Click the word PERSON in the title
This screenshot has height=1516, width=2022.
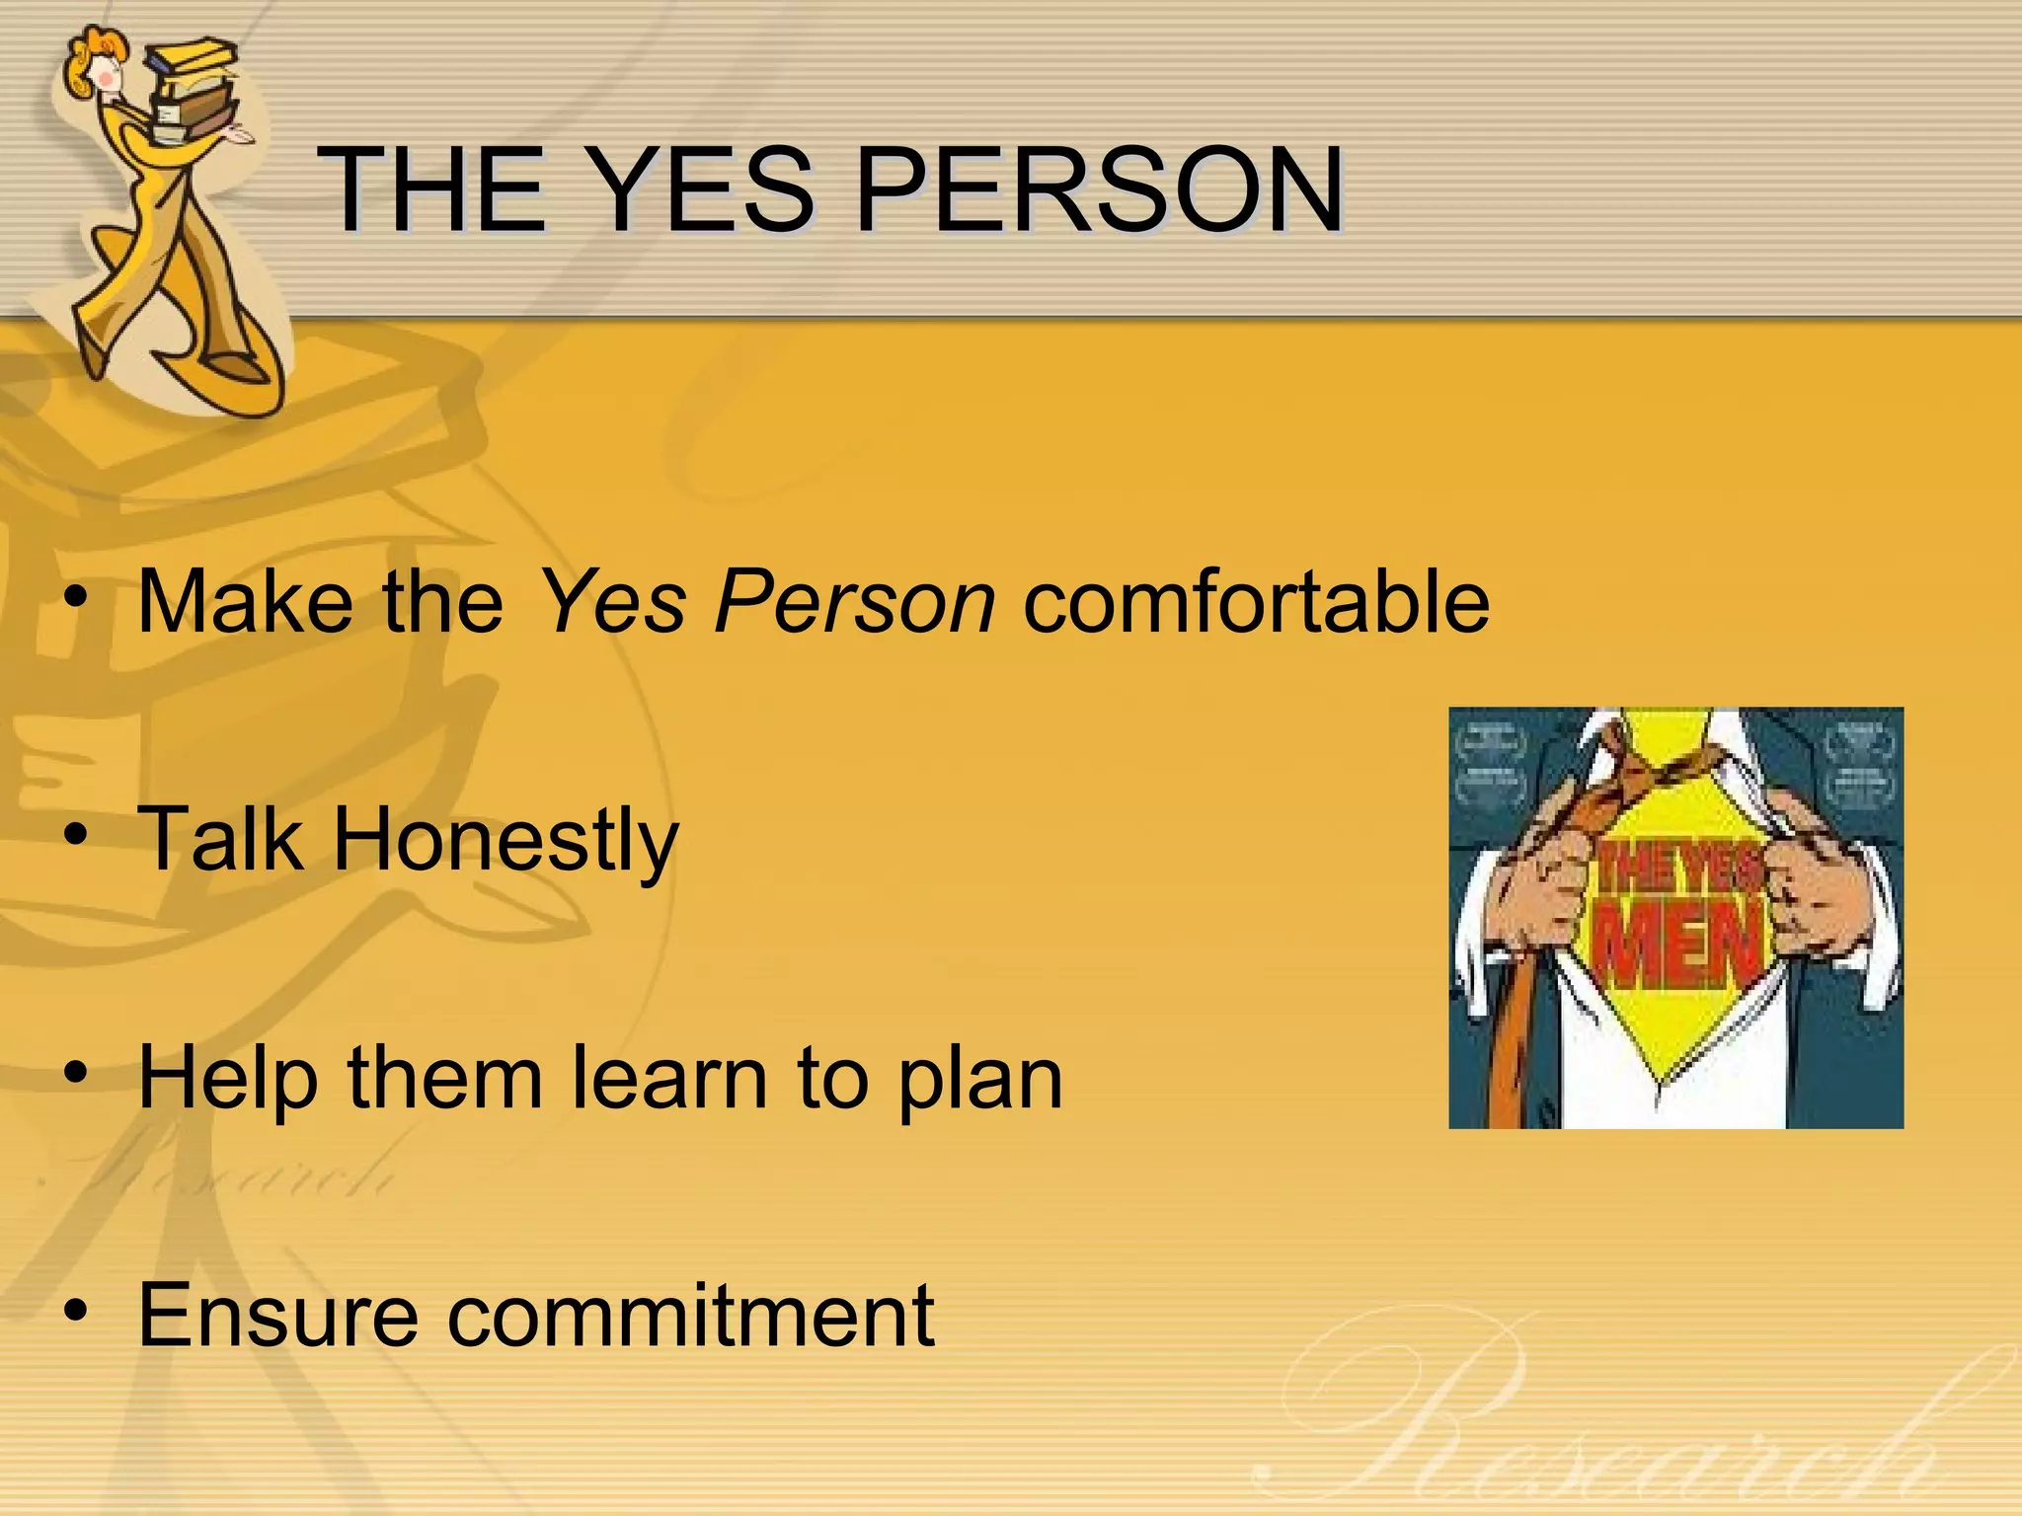[x=1098, y=189]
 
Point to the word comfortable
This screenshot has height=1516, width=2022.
[x=1256, y=602]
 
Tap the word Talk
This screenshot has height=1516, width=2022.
[x=219, y=839]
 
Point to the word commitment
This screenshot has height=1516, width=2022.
[x=690, y=1316]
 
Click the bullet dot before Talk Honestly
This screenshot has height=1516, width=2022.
[x=76, y=837]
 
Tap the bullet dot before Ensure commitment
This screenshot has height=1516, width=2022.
[x=76, y=1312]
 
